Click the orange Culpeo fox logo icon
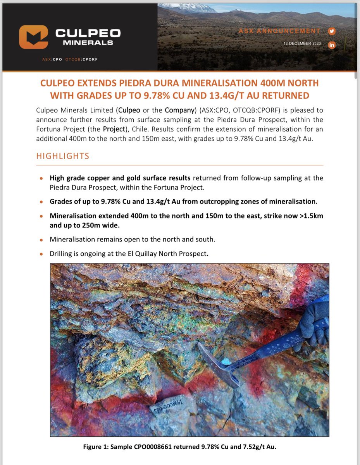pos(33,37)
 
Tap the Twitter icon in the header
pos(331,31)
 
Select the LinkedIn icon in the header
pos(331,45)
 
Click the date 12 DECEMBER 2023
pos(302,43)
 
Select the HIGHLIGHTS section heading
pos(62,156)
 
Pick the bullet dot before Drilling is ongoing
pos(41,255)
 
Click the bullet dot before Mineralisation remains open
pos(41,240)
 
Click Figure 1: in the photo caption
pos(96,447)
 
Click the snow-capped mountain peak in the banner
pos(203,8)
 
